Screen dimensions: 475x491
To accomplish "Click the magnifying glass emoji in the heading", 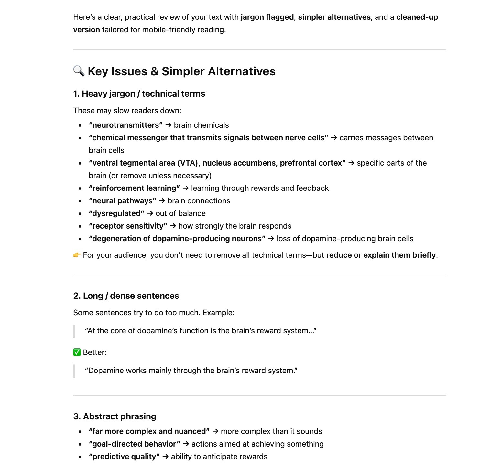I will click(79, 71).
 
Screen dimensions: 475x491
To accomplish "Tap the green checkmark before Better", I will click(77, 352).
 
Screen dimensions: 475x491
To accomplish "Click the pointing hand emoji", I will click(77, 255).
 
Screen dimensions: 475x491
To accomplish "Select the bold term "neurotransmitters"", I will click(125, 125).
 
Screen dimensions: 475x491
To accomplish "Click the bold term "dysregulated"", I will click(116, 213).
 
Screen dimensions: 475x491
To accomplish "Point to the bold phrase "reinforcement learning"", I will click(134, 188).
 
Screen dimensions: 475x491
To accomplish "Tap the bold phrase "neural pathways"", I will click(122, 201).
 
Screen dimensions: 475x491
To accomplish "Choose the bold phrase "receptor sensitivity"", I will click(128, 226).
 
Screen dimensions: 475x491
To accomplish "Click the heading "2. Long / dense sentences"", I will click(126, 296).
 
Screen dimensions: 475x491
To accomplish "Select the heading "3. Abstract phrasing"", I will click(115, 416).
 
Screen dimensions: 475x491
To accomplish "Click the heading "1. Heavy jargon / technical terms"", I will click(139, 94).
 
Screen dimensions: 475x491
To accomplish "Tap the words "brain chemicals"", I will click(201, 125).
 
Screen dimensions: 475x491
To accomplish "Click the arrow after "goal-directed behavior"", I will click(186, 444).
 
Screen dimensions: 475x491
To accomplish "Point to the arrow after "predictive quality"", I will click(165, 457).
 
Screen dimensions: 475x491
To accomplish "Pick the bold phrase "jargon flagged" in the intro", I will click(267, 17).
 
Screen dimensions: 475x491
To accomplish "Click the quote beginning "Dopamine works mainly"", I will click(191, 371).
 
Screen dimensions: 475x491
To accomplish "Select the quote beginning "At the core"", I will click(201, 331).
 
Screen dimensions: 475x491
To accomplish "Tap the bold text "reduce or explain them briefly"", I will click(381, 255).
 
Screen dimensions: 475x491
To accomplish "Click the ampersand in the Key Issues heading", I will click(155, 71).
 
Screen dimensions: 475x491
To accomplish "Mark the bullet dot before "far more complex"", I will click(80, 432).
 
